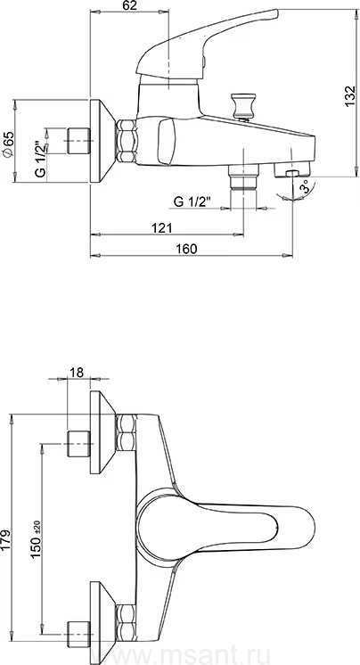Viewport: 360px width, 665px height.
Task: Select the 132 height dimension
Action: (349, 96)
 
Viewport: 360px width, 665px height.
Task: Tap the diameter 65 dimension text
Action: (9, 144)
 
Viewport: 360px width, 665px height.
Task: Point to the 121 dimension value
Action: (162, 227)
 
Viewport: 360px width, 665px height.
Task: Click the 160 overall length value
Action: (187, 249)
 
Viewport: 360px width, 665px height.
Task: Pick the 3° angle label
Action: (305, 186)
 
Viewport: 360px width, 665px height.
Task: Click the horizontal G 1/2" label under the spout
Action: (192, 201)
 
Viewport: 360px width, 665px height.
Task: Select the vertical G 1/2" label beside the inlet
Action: (40, 159)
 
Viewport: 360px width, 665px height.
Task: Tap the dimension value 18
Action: (77, 372)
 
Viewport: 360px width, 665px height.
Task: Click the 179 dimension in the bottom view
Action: (7, 540)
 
